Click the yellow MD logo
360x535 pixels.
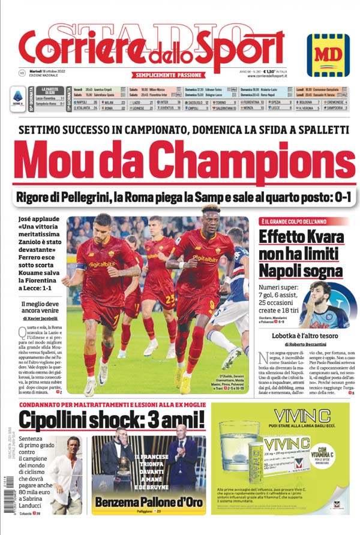pos(328,55)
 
